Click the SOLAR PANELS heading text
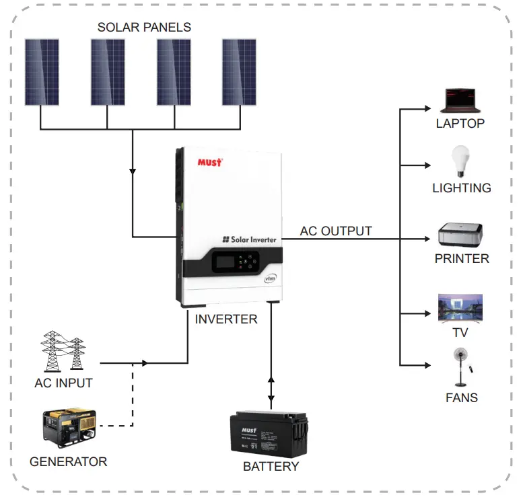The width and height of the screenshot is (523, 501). coord(144,28)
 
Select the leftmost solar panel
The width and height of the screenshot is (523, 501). coord(41,72)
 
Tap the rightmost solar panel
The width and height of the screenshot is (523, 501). coord(240,72)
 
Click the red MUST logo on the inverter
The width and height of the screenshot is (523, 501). coord(210,162)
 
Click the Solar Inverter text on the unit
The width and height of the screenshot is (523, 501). coord(249,239)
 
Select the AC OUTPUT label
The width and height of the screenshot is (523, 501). coord(336,231)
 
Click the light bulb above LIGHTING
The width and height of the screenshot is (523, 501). coord(460,161)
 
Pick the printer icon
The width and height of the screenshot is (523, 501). coord(460,235)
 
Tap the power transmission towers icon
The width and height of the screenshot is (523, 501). coord(64,350)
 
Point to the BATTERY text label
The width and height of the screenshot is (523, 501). coord(271,466)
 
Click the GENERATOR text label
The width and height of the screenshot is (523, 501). coord(68,462)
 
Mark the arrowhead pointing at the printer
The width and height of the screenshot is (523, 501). coord(427,239)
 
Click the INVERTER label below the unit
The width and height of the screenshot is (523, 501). coord(226,319)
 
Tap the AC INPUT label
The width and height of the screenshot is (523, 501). coord(63,383)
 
